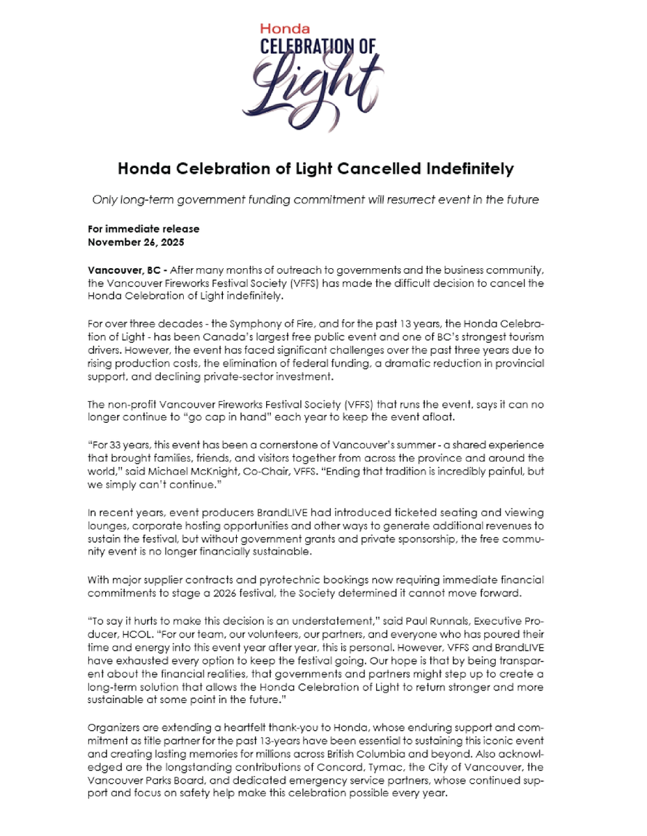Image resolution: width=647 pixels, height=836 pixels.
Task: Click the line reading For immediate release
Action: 143,229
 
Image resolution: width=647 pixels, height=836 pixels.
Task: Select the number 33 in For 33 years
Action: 115,445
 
